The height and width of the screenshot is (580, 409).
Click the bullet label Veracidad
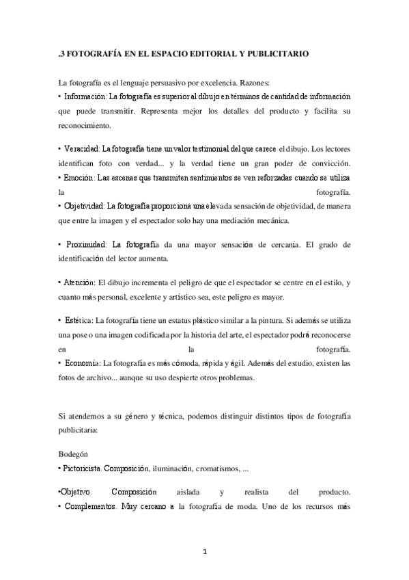(x=83, y=148)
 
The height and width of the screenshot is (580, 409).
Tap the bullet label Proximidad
(x=85, y=244)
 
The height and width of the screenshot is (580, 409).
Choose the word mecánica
(x=270, y=220)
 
